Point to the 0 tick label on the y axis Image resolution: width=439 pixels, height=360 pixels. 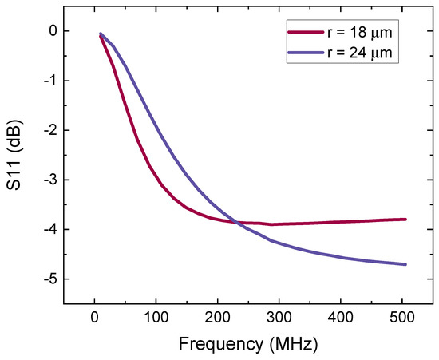[x=53, y=31]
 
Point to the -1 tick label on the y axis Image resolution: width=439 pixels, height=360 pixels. [x=50, y=81]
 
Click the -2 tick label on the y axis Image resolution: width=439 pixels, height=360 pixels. [x=50, y=130]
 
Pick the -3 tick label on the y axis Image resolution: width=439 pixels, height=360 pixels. [x=50, y=180]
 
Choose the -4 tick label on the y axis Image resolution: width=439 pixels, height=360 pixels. [x=50, y=229]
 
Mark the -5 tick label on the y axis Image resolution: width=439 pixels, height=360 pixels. [x=50, y=279]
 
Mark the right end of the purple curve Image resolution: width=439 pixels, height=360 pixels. [x=405, y=264]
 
